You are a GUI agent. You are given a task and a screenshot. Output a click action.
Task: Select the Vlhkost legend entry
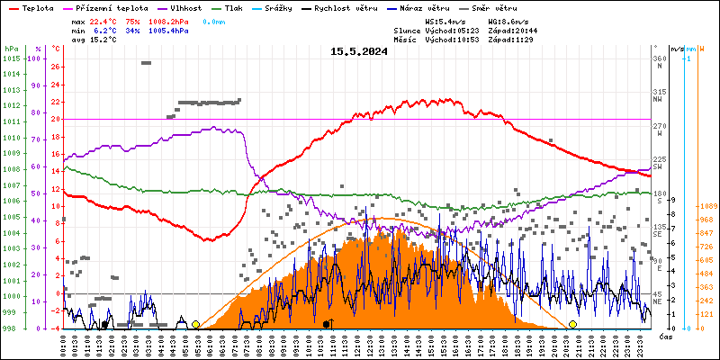tap(183, 7)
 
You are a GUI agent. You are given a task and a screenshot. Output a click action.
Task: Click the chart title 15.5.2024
tap(359, 51)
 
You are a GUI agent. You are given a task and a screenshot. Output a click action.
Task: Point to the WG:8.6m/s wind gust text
tap(508, 20)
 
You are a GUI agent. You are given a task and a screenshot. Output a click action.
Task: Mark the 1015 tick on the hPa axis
tap(11, 58)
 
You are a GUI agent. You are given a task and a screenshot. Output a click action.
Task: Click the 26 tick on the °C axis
tap(56, 67)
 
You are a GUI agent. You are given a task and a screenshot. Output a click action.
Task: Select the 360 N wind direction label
tap(660, 61)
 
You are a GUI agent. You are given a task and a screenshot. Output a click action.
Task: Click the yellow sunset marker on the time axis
tap(572, 324)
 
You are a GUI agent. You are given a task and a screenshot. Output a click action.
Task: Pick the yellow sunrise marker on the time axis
tap(195, 324)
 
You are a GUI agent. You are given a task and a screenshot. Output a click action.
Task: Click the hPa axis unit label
tap(11, 48)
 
